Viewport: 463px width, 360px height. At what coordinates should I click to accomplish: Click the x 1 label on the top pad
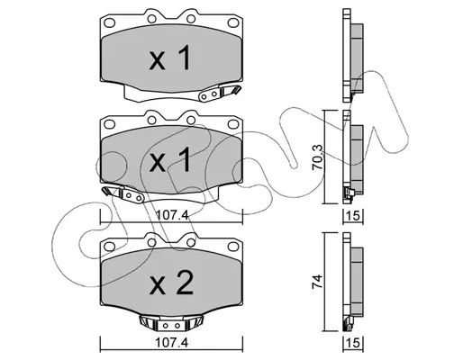point(170,58)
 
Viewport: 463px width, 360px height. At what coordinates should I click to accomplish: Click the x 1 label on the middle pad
point(170,160)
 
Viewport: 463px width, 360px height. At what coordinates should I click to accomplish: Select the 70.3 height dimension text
point(318,157)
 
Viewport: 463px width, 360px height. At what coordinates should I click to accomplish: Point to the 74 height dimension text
point(318,282)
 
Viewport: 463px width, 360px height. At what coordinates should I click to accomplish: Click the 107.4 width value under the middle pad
point(172,215)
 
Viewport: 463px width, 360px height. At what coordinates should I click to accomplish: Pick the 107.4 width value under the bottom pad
point(172,342)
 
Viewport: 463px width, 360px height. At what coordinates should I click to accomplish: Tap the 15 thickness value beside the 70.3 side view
point(354,215)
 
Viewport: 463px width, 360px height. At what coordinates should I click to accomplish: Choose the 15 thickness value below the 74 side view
point(354,343)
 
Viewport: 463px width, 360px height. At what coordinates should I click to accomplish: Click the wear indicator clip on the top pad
point(220,93)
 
